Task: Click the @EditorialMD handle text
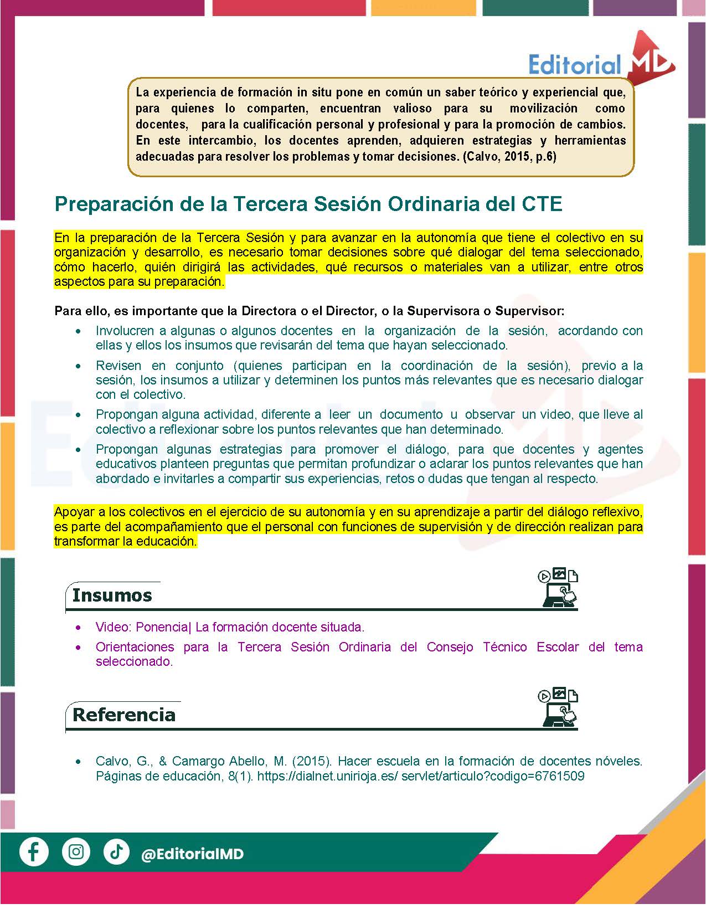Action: pos(192,854)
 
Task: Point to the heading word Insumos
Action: pos(112,595)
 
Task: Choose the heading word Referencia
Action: pos(124,715)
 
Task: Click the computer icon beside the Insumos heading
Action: pos(558,588)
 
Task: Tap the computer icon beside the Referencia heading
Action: pos(558,707)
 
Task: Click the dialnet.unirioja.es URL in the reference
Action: pos(421,776)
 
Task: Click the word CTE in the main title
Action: pos(542,204)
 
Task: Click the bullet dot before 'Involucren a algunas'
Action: pos(79,331)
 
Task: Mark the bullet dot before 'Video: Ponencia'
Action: pos(79,628)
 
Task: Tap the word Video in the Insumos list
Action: pos(112,627)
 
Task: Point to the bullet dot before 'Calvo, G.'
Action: pos(79,762)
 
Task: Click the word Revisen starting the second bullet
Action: pos(118,366)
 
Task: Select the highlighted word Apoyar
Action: pos(73,512)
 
